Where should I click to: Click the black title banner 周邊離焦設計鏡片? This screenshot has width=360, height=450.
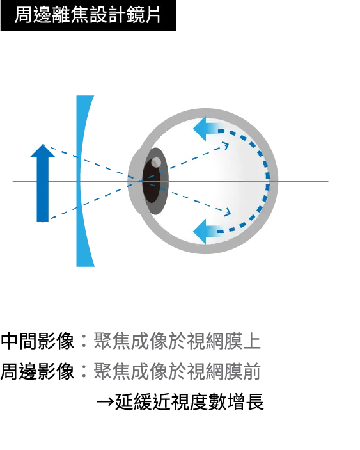click(x=88, y=15)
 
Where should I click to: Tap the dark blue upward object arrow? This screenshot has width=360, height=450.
click(x=43, y=183)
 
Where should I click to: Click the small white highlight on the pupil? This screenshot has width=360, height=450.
click(x=156, y=162)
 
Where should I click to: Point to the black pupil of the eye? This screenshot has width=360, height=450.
click(x=151, y=181)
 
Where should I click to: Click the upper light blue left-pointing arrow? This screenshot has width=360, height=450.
click(x=207, y=129)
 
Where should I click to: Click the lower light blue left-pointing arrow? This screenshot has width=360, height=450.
click(x=207, y=231)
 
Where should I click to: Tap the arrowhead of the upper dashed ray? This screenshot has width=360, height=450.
click(x=226, y=145)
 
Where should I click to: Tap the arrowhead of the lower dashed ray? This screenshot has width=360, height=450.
click(x=227, y=213)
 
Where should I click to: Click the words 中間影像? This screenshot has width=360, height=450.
click(x=37, y=341)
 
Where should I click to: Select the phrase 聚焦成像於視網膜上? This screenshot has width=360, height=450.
click(x=177, y=341)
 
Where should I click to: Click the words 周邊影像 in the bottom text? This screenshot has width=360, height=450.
click(x=37, y=371)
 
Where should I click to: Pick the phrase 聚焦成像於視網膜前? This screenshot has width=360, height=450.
click(x=177, y=371)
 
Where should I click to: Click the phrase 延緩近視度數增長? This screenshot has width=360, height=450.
click(x=189, y=402)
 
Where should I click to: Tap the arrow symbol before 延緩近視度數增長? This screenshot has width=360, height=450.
click(x=106, y=402)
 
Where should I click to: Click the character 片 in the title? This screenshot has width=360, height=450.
click(x=152, y=15)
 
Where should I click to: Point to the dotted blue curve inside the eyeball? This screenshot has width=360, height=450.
click(x=267, y=181)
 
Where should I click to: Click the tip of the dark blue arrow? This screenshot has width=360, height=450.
click(x=43, y=145)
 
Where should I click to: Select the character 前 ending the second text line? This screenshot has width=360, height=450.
click(x=252, y=371)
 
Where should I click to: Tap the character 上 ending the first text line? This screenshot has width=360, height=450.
click(x=252, y=341)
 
